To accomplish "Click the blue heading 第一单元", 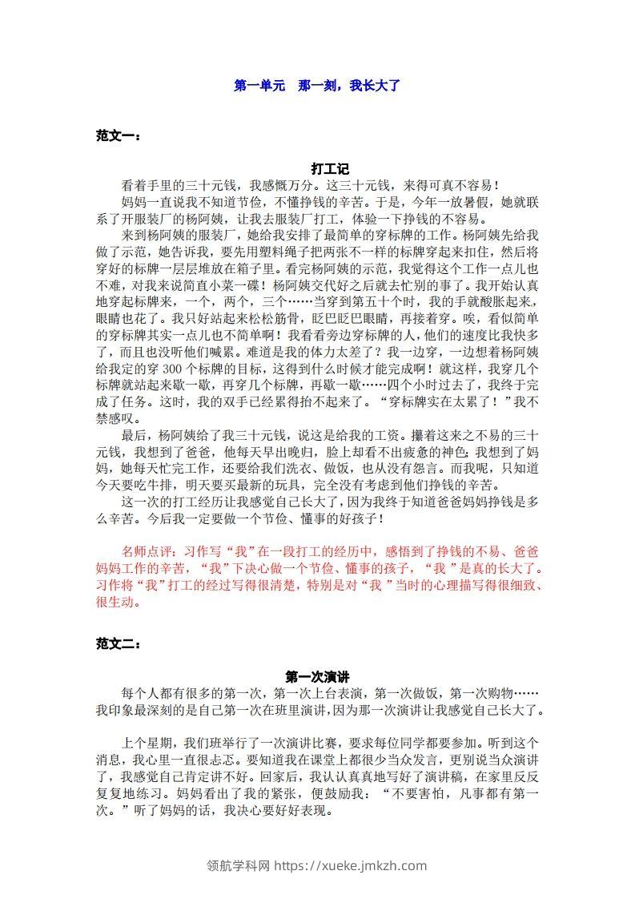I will [x=259, y=85].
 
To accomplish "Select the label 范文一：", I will [x=119, y=137].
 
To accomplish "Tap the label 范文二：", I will [x=119, y=643].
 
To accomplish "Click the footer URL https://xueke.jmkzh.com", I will [x=351, y=865].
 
